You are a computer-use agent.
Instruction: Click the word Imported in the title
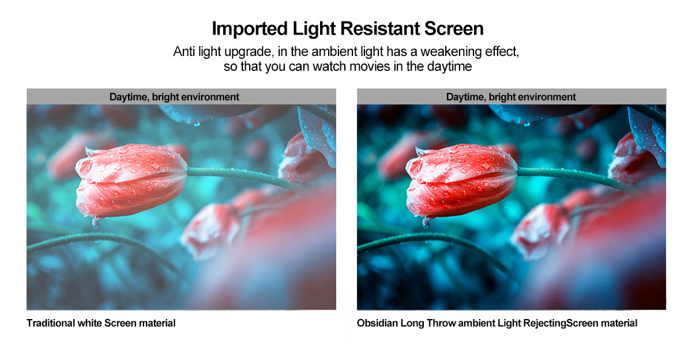point(250,29)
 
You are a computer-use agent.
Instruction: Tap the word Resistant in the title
point(379,28)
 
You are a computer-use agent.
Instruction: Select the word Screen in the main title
point(454,28)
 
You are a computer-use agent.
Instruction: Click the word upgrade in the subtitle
point(249,52)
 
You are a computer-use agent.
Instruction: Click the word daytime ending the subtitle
point(449,67)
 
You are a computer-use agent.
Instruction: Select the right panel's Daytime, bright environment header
point(511,97)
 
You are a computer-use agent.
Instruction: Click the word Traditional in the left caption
point(50,323)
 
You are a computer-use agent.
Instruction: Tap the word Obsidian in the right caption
point(377,323)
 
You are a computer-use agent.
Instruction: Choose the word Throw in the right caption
point(441,323)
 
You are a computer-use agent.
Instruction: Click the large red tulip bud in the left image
point(131,180)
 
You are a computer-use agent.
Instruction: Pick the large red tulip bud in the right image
point(461,180)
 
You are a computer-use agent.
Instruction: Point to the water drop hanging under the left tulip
point(96,223)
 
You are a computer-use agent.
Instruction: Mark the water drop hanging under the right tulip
point(426,223)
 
